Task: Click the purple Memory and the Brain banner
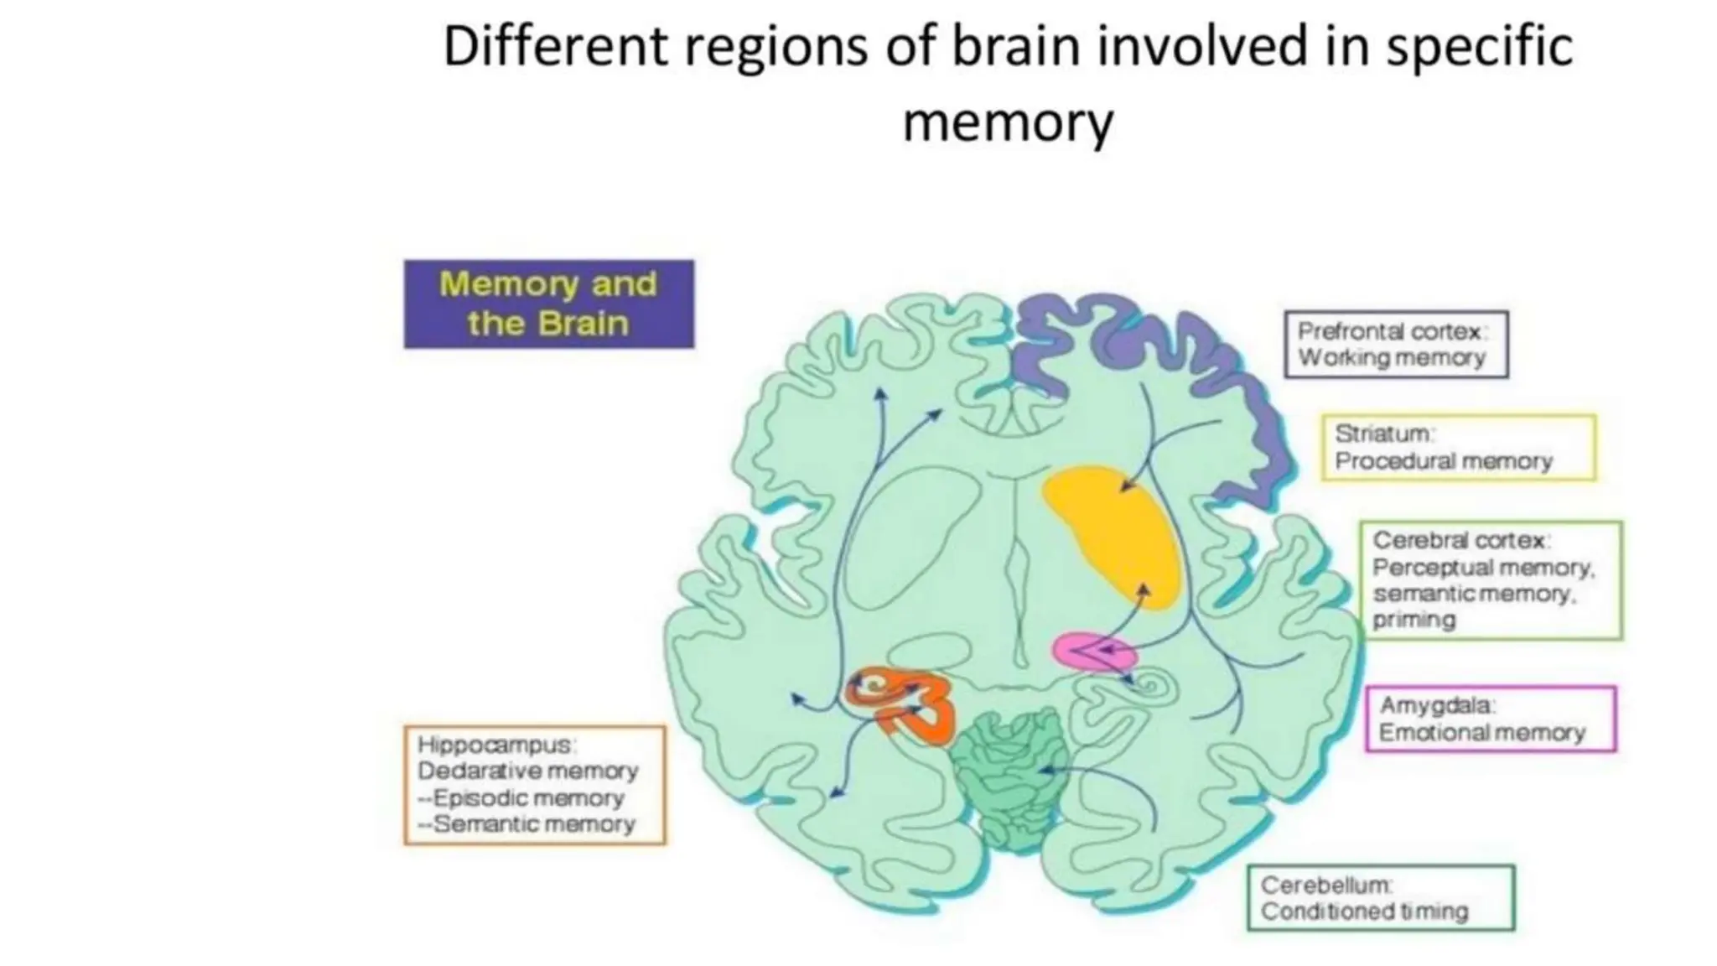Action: [x=548, y=304]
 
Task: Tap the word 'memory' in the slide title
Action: [x=1007, y=122]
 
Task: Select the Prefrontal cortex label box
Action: [x=1395, y=345]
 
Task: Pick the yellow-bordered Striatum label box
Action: [x=1458, y=447]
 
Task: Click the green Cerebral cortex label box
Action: [x=1490, y=580]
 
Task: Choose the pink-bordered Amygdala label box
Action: [x=1490, y=719]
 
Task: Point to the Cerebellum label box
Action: [x=1380, y=897]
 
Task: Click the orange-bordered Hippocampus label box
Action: [x=534, y=785]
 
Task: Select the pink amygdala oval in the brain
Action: [x=1093, y=652]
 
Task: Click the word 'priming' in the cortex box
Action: [x=1414, y=620]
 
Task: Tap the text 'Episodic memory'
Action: [x=528, y=797]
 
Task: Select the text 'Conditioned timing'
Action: [x=1364, y=911]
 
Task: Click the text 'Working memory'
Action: [x=1392, y=358]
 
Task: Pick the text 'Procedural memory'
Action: [x=1443, y=461]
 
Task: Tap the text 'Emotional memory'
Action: [x=1481, y=733]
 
